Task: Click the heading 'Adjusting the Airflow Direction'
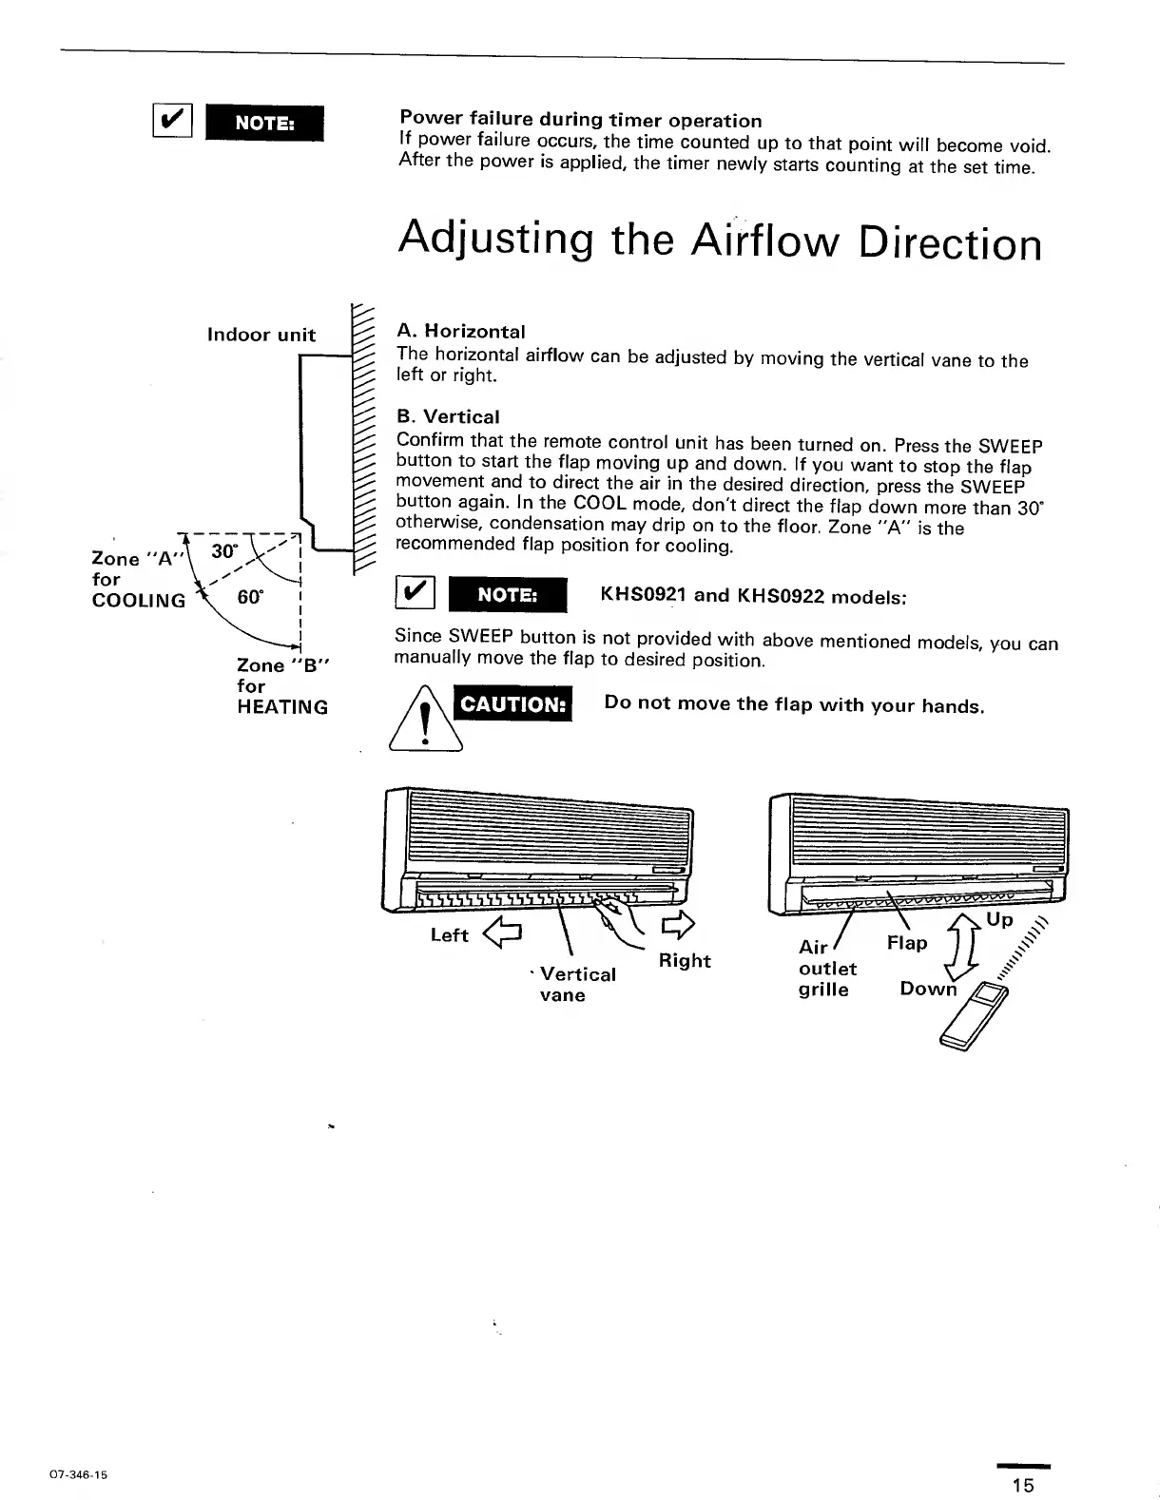(720, 240)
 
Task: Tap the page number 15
(1022, 1485)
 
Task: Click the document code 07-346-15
(73, 1475)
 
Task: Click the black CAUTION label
(512, 704)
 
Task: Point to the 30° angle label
(223, 551)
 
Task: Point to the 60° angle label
(250, 597)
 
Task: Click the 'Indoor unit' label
(261, 335)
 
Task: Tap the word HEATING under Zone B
(282, 707)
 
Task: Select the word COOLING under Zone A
(139, 601)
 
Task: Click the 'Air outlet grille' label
(826, 969)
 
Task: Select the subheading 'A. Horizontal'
(460, 332)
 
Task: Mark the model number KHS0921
(643, 596)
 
